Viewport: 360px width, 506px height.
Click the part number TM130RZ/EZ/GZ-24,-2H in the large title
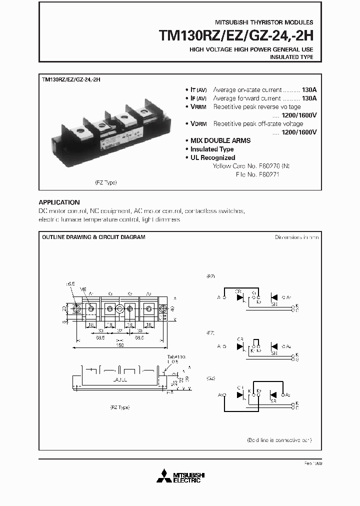(x=236, y=35)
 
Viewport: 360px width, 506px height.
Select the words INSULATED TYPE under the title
(x=291, y=57)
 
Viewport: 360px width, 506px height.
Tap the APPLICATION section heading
(x=59, y=202)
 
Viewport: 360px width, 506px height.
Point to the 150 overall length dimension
(x=120, y=344)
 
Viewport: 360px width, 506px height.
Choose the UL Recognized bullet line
(x=212, y=157)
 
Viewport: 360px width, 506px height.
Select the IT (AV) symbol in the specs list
(x=196, y=90)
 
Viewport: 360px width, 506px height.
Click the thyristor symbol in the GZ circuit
(x=240, y=395)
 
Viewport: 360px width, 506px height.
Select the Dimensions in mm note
(x=296, y=237)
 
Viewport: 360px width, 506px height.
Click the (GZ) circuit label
(x=211, y=378)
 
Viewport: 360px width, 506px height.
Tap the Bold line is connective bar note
(x=279, y=440)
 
